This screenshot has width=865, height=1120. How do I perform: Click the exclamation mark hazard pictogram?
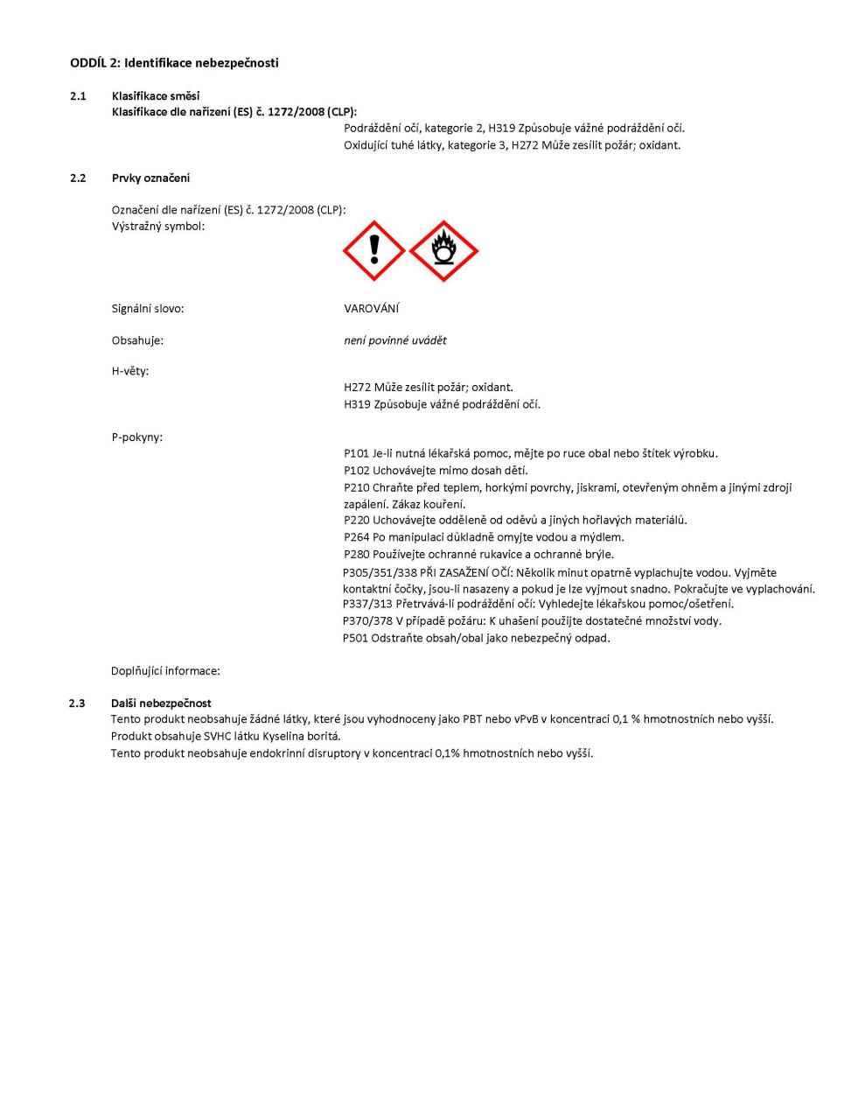[374, 251]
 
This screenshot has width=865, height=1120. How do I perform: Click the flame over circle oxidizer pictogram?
[443, 251]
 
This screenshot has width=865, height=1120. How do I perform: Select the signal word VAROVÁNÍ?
[372, 309]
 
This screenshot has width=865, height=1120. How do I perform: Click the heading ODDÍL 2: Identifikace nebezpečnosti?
[174, 63]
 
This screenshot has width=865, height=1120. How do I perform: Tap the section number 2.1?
[78, 96]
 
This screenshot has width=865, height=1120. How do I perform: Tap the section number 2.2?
[78, 178]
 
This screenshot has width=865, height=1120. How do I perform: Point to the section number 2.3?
[78, 703]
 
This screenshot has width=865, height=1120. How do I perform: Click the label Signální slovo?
[148, 309]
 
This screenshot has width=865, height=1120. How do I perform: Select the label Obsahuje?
[137, 340]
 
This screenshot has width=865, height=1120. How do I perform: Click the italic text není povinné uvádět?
[395, 340]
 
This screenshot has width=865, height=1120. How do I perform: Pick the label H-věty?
[130, 371]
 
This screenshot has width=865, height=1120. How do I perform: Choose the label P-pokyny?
[136, 437]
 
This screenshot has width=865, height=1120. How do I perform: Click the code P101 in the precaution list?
[357, 453]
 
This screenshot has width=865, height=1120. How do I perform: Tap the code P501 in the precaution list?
[356, 638]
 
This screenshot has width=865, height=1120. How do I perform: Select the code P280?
[357, 554]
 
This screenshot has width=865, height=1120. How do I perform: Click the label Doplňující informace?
[165, 671]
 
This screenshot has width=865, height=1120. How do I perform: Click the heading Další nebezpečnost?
[161, 703]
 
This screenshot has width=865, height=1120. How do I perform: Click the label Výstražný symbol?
[158, 227]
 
